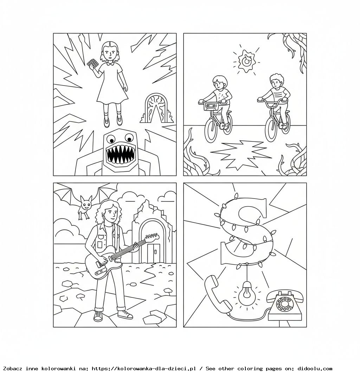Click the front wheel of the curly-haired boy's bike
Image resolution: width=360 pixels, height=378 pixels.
[272, 130]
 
